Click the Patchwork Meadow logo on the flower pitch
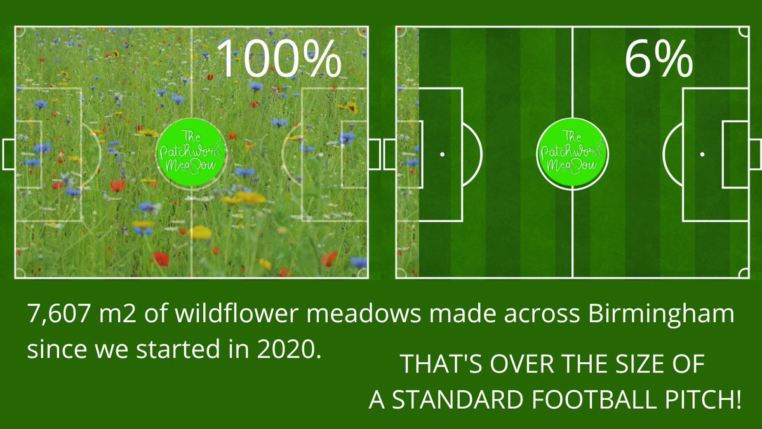(x=191, y=153)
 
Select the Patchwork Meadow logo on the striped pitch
(x=571, y=153)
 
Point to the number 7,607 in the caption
(x=58, y=316)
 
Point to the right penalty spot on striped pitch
(x=702, y=154)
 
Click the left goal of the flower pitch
(x=8, y=154)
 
